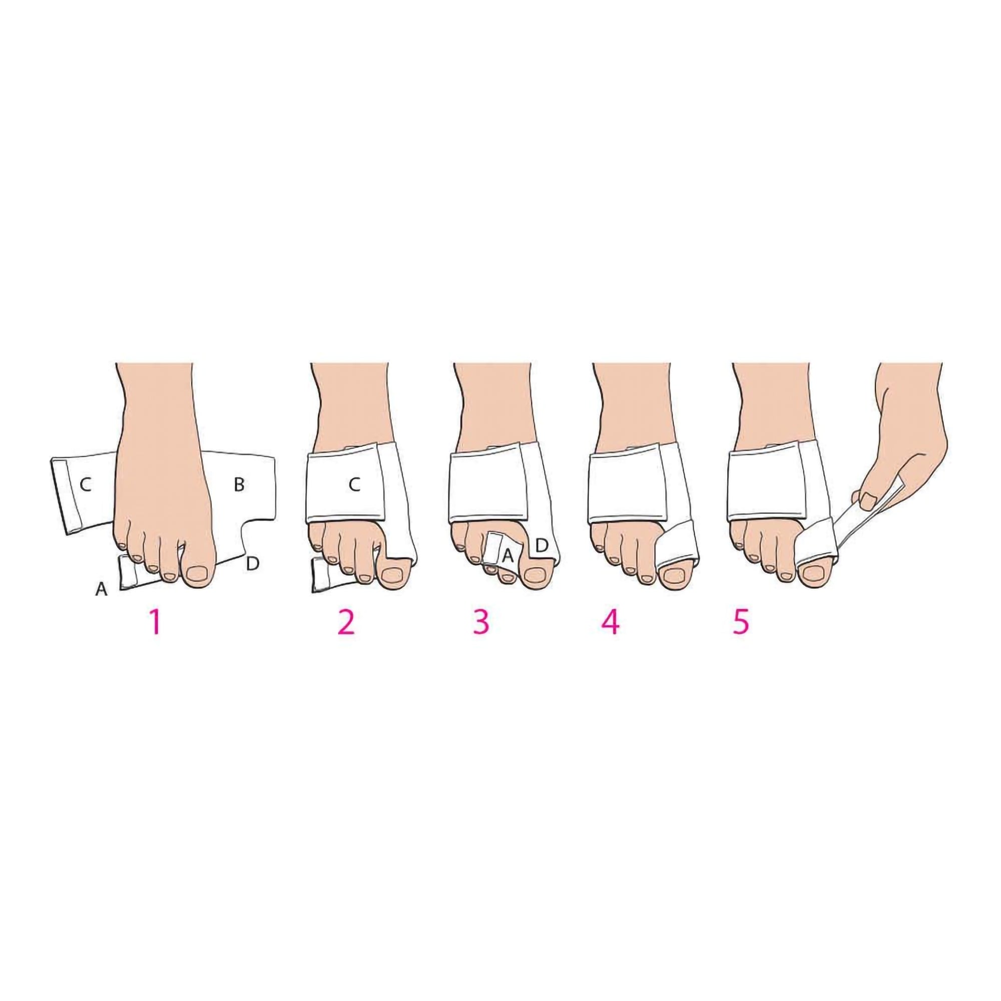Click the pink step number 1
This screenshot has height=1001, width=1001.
[x=154, y=622]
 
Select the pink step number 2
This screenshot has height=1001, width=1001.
[x=346, y=622]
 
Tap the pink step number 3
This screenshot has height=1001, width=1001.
[x=481, y=622]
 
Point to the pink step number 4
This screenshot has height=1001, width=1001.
[x=610, y=622]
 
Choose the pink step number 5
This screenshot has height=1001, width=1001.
[x=741, y=622]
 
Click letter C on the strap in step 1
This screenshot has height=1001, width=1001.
[x=86, y=485]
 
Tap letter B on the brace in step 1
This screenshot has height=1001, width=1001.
[x=239, y=485]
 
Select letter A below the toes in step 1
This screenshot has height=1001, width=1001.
[x=102, y=589]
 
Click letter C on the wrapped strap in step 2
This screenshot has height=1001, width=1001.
[x=354, y=485]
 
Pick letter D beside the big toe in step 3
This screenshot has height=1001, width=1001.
[x=541, y=546]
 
